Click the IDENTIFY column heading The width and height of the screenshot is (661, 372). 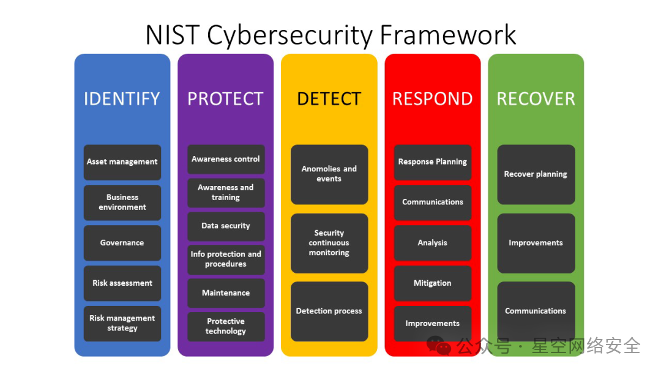122,99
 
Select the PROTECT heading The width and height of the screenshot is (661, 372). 225,99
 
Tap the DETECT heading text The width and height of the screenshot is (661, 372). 329,99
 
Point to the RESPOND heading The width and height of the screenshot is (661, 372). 433,99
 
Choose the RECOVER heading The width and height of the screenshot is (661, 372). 536,99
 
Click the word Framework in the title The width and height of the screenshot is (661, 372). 447,34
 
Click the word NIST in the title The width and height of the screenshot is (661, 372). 173,34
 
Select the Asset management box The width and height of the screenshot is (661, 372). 122,162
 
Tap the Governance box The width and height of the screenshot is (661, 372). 122,243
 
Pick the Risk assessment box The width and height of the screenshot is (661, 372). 122,283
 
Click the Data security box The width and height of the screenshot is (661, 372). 226,226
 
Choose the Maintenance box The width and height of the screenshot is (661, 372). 226,293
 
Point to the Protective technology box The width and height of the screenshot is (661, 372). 226,327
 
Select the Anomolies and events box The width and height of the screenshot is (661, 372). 329,174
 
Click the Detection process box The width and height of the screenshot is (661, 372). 329,311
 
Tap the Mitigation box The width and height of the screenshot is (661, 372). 433,283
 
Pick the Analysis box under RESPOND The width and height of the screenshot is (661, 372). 433,243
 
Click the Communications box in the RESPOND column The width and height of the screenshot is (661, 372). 433,203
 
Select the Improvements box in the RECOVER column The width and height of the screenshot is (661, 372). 536,243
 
